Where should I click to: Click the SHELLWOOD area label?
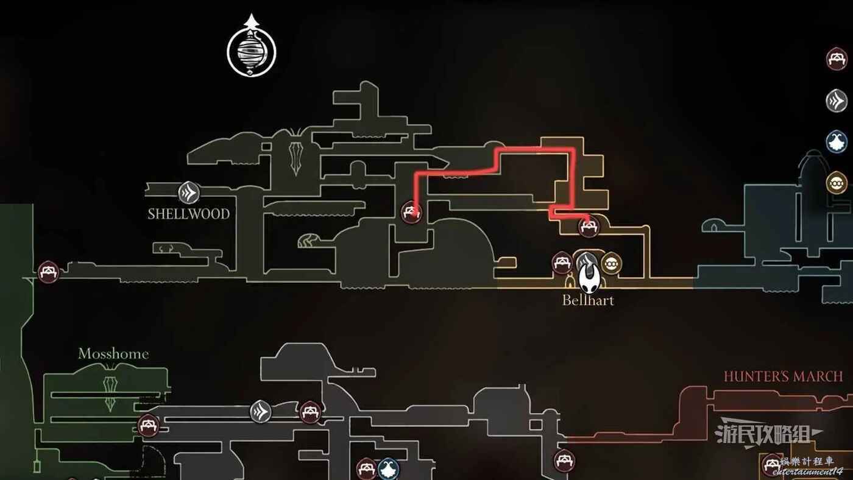tap(188, 214)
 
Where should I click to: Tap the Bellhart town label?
tap(588, 300)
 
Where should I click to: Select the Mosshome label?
tap(113, 354)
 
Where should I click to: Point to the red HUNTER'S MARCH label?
tap(783, 376)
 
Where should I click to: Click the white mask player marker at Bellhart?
tap(589, 277)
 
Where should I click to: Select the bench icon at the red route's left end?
tap(412, 212)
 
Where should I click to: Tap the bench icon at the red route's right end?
tap(589, 227)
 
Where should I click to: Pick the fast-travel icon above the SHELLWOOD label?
tap(189, 192)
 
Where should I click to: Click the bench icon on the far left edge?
tap(48, 272)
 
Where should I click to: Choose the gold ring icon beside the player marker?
tap(612, 263)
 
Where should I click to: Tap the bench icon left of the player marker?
tap(562, 263)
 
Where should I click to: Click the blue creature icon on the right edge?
tap(837, 142)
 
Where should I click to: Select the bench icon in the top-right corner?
tap(837, 58)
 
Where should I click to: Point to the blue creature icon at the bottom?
tap(389, 468)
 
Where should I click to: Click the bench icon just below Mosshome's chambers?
tap(148, 426)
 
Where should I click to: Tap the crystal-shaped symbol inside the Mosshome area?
tap(110, 394)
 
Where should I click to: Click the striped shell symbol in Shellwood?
tap(308, 241)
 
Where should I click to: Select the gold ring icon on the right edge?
tap(837, 183)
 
